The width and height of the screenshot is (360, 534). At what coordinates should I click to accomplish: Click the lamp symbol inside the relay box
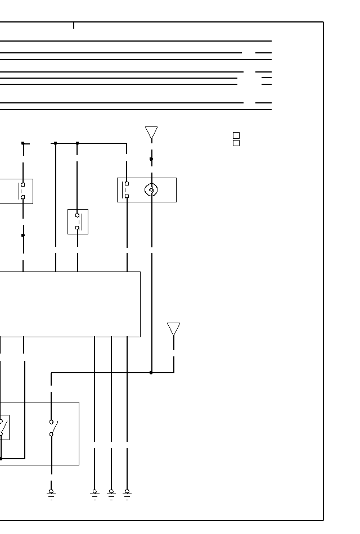[151, 190]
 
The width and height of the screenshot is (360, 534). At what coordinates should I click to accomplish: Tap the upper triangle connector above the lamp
[151, 133]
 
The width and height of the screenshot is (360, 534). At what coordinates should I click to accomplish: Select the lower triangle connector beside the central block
[174, 328]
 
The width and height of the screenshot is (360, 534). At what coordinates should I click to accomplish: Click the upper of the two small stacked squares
[236, 135]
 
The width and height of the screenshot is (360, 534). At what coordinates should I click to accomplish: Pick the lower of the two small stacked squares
[236, 143]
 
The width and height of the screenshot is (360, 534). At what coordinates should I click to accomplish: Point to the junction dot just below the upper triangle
[151, 159]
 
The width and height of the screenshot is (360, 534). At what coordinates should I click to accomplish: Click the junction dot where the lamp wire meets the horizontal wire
[151, 372]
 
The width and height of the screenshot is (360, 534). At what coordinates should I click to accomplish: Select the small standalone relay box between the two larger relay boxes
[78, 221]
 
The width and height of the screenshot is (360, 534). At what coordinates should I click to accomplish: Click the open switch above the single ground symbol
[52, 428]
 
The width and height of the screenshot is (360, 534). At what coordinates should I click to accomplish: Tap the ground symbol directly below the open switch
[51, 494]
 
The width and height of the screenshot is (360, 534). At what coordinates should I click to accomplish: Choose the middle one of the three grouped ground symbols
[111, 494]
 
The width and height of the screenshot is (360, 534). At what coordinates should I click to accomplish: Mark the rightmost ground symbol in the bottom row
[127, 494]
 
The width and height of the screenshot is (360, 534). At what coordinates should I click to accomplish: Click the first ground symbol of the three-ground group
[94, 494]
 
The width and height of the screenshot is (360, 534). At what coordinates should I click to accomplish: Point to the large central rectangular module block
[67, 304]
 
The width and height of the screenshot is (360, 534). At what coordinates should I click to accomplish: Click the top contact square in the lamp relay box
[127, 184]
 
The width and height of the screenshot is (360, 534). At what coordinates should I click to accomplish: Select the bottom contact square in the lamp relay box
[127, 196]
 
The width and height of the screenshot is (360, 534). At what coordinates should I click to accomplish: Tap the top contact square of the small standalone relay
[77, 215]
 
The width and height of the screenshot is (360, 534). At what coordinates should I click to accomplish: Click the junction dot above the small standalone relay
[77, 143]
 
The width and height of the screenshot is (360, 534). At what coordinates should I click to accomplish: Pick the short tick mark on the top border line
[74, 25]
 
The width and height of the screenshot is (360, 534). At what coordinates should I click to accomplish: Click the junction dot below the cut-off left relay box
[23, 236]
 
